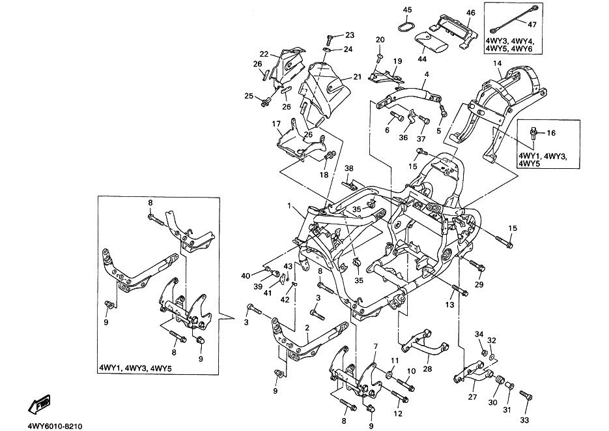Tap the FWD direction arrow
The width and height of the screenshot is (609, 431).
(38, 406)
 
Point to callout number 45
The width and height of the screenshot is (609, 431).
(407, 10)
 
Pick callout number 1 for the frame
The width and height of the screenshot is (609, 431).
(289, 206)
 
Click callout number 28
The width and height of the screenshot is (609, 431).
(427, 369)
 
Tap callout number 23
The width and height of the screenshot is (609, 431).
(350, 35)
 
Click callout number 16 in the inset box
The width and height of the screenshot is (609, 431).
(551, 133)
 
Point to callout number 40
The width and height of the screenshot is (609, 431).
(245, 276)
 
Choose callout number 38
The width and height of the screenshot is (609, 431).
(349, 168)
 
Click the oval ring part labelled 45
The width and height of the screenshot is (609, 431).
(405, 27)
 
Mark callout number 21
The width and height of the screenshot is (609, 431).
(357, 77)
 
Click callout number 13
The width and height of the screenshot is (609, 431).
(449, 305)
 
